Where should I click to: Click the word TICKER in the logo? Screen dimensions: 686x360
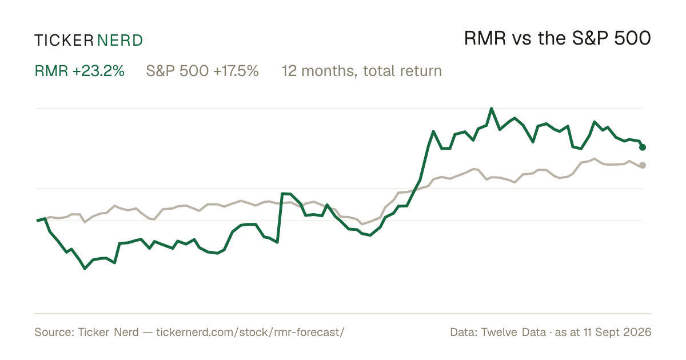point(64,41)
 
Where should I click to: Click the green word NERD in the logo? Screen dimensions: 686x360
point(119,41)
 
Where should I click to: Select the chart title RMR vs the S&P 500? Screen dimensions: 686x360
point(557,38)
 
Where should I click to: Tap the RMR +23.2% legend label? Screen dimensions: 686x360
point(79,71)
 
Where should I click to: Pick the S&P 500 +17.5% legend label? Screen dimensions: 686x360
point(202,71)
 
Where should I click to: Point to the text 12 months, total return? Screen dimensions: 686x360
point(362,71)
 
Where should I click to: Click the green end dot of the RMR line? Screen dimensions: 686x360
point(643,147)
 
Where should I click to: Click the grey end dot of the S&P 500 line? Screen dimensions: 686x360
point(643,165)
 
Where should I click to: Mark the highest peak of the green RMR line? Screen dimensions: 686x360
point(492,109)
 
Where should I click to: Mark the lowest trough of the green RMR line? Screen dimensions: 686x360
point(85,269)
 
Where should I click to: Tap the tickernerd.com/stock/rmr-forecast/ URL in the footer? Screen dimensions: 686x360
point(250,332)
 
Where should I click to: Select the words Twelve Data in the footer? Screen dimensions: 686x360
point(513,332)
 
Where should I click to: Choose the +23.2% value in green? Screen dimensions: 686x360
point(98,71)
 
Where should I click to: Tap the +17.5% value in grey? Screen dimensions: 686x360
point(236,71)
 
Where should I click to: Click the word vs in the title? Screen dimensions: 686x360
point(521,40)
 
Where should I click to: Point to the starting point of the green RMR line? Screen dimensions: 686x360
point(37,221)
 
